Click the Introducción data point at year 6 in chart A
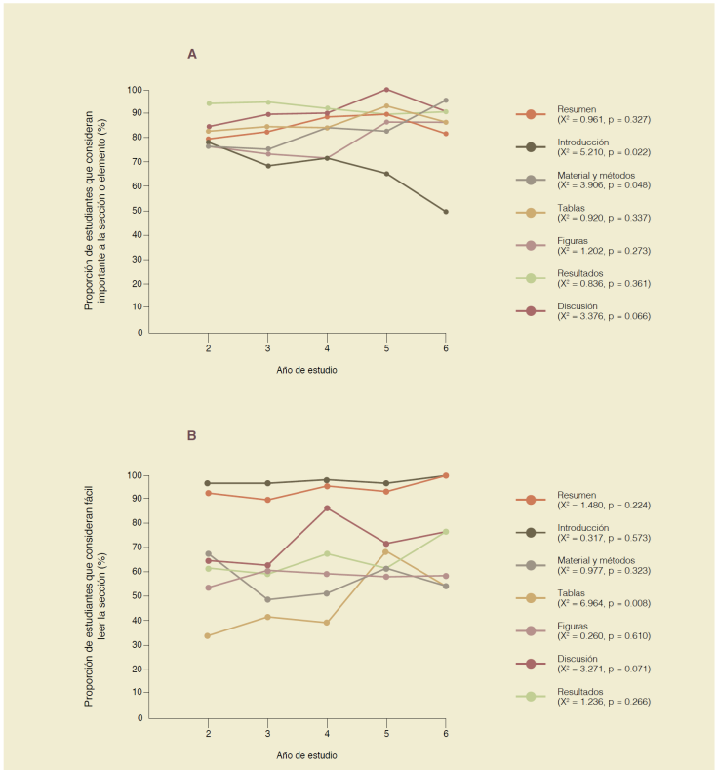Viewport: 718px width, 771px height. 446,212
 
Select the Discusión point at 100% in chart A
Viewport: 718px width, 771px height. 386,90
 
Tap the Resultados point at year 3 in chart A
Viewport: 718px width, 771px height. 267,101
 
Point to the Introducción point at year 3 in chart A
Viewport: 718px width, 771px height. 267,165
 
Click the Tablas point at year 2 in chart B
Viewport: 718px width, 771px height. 209,635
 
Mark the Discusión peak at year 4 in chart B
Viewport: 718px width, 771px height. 327,507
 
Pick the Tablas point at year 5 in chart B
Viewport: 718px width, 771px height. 386,552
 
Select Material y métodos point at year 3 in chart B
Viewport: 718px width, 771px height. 267,599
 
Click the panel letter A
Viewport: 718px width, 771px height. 192,54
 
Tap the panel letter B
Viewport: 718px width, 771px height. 192,435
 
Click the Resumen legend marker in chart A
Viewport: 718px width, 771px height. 531,114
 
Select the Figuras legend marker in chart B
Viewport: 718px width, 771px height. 531,630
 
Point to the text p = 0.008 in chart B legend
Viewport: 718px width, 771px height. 625,604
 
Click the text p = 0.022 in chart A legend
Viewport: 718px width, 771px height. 625,152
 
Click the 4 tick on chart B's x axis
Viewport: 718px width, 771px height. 327,733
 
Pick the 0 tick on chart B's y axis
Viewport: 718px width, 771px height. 140,718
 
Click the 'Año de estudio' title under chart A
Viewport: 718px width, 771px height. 306,371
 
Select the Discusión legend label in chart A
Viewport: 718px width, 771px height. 578,305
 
